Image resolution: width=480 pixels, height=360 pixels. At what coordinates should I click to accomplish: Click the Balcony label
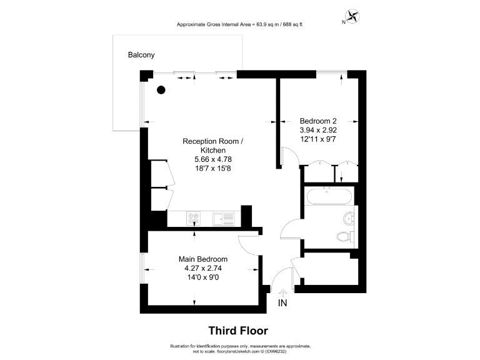(141, 55)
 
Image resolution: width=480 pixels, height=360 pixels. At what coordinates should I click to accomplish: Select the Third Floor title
(237, 331)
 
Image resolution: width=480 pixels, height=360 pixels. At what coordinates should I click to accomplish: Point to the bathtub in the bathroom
(329, 197)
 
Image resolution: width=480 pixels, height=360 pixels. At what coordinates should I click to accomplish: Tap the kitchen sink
(223, 219)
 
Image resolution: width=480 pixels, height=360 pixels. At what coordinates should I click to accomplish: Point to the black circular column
(161, 90)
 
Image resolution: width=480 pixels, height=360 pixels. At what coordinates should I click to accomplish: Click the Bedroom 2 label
(318, 121)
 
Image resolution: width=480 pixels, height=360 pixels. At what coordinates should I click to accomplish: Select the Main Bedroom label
(202, 259)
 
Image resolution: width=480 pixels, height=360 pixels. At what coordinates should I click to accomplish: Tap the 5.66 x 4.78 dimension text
(212, 160)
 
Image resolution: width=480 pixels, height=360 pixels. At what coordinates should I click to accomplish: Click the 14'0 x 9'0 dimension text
(202, 279)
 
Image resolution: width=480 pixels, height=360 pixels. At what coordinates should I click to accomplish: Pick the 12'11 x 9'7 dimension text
(318, 139)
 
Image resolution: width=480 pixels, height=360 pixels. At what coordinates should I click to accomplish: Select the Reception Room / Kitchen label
(212, 146)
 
